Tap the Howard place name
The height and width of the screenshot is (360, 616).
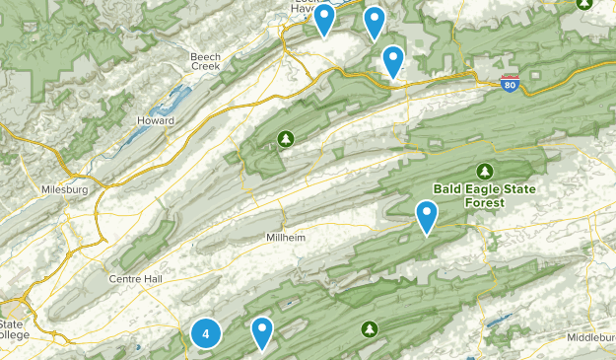coord(157,120)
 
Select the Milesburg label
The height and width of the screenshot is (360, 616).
coord(65,188)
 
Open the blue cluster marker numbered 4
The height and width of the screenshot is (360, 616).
coord(205,334)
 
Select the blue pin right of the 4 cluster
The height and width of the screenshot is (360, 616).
coord(262,332)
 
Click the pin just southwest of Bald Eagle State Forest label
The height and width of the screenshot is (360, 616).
coord(427,216)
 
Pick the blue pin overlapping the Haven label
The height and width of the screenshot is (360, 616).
coord(324,19)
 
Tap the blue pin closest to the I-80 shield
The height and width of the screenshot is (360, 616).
coord(393,61)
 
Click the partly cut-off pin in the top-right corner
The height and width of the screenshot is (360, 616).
coord(582,4)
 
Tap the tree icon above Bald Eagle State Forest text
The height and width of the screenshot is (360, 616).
coord(484,169)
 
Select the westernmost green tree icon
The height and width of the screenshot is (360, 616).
coord(286,138)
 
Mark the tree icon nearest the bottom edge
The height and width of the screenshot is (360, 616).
coord(370,327)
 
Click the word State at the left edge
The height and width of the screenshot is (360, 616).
coord(12,324)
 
